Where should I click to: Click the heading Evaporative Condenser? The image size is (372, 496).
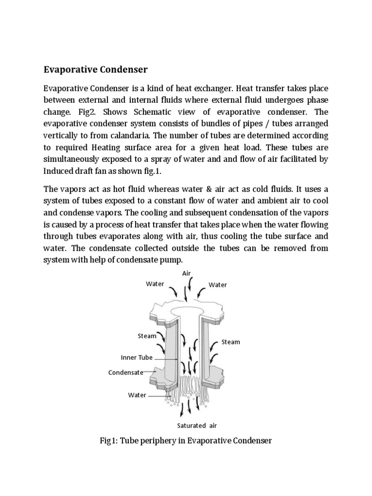click(x=95, y=69)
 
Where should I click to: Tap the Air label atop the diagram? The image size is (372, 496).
click(x=187, y=274)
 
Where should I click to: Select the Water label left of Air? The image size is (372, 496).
click(x=155, y=284)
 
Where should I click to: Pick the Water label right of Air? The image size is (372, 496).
click(x=218, y=285)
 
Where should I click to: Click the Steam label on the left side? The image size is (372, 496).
click(x=147, y=336)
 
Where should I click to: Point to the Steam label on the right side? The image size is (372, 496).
click(x=231, y=342)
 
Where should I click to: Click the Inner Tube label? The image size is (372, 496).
click(x=137, y=358)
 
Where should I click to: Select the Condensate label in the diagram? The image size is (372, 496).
click(x=126, y=372)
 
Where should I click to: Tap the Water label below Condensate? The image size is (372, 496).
click(x=137, y=395)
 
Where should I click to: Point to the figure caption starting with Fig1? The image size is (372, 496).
click(x=186, y=441)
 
